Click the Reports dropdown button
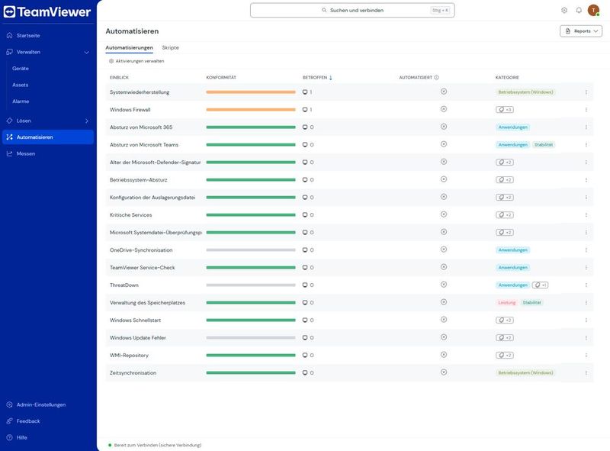pos(581,31)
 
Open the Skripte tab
pos(170,47)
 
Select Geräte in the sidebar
pos(21,69)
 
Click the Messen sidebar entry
pos(26,154)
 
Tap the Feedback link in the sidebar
pos(28,421)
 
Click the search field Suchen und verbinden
pos(352,11)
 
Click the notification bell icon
pos(579,11)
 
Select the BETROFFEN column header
pos(315,78)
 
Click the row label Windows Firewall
pos(130,110)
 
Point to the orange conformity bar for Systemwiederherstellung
pos(251,92)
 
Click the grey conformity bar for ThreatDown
pos(251,285)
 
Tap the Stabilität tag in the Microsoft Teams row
pos(544,145)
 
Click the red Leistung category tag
pos(506,303)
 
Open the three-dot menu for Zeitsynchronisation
pos(586,372)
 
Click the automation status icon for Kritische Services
pos(444,214)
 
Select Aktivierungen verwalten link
pos(136,61)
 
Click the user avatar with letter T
pos(593,11)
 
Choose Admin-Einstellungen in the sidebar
pos(41,404)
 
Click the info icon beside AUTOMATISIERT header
pos(436,78)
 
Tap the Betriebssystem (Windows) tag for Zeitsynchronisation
pos(525,372)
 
